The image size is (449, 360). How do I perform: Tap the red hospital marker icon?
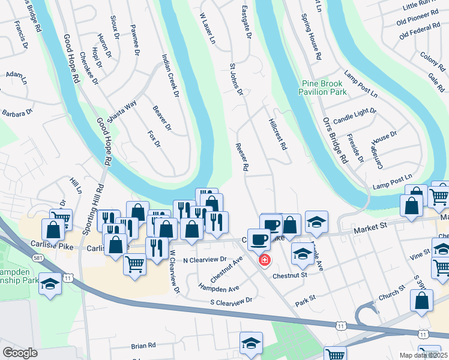tap(264, 260)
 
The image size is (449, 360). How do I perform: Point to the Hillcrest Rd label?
tap(278, 133)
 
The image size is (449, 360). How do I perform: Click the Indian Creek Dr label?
tap(170, 76)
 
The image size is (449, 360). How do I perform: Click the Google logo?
tap(20, 352)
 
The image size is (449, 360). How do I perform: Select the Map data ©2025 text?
tap(423, 355)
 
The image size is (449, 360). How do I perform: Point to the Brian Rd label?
tap(143, 346)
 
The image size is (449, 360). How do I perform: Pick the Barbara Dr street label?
tap(16, 112)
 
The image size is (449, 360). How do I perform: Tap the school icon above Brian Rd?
tap(251, 343)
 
